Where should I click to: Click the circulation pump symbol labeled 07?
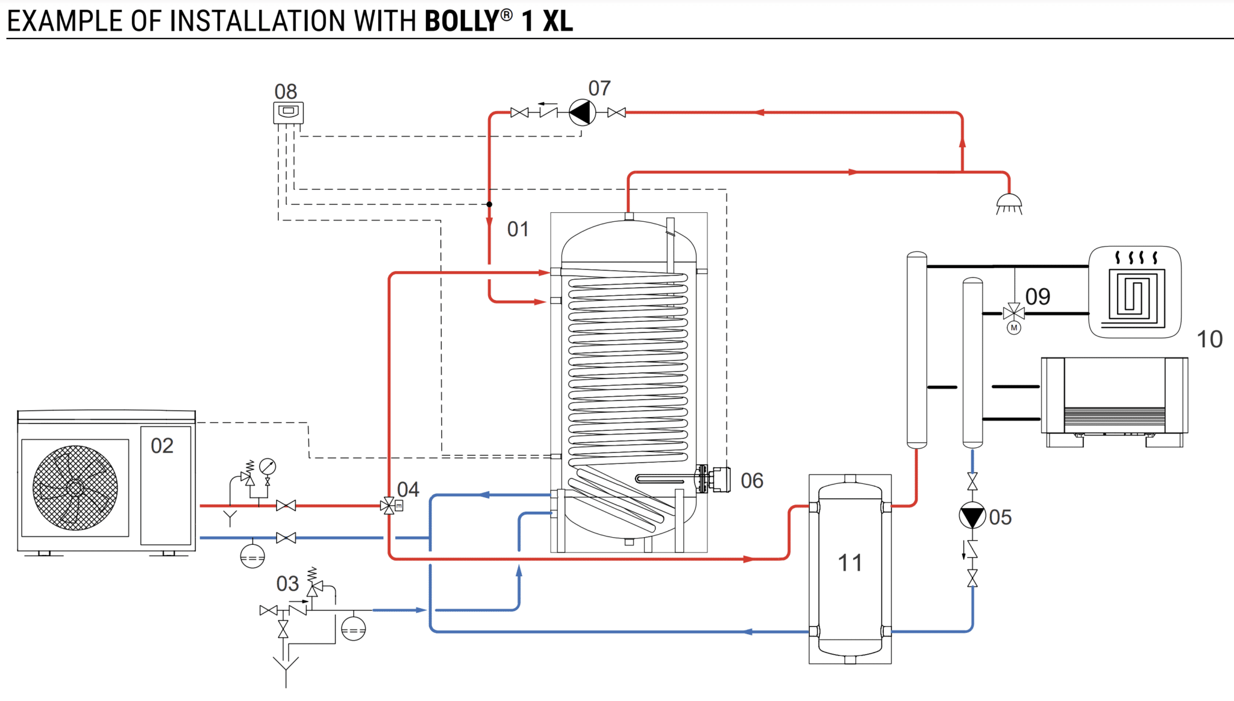(581, 112)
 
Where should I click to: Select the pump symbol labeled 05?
(972, 516)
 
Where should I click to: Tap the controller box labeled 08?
(288, 112)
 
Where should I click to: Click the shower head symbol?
(1009, 203)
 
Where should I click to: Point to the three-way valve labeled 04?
(389, 506)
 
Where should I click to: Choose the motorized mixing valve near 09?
(1014, 313)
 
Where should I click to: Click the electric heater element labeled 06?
(713, 479)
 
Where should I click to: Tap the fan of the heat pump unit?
(75, 488)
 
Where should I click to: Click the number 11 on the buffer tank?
(850, 563)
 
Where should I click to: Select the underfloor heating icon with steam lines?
(1135, 292)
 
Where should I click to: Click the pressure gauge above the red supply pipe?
(268, 467)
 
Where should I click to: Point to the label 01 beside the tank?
(518, 229)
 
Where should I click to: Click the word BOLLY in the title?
(461, 21)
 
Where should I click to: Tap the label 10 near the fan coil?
(1209, 339)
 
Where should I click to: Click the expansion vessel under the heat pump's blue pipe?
(252, 556)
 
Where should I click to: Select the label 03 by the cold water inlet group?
(287, 583)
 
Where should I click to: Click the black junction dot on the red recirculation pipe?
(489, 204)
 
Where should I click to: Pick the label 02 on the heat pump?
(162, 445)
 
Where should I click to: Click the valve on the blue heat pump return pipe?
(286, 538)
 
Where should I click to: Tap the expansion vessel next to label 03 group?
(353, 629)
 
